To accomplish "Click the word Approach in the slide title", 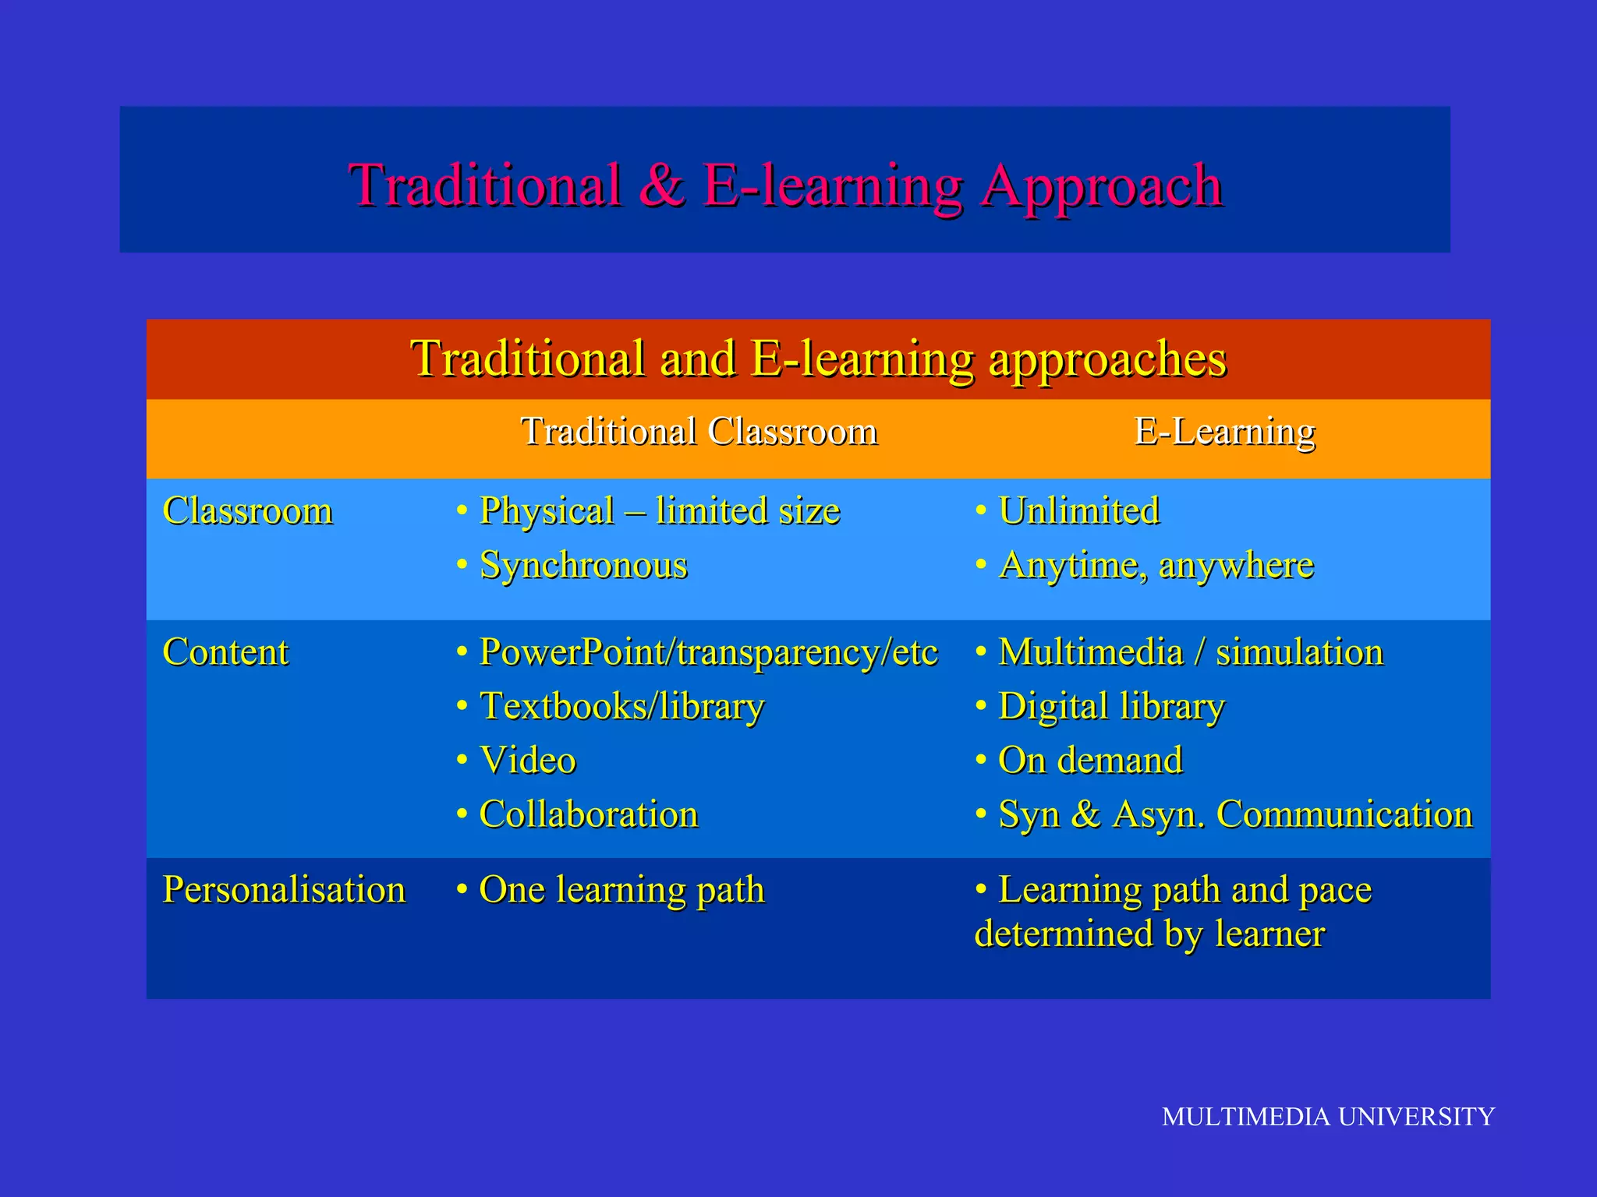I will [x=1101, y=187].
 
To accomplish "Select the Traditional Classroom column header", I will [x=699, y=432].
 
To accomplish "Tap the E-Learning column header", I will [x=1224, y=432].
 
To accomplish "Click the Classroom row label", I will [x=247, y=511].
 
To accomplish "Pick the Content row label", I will [x=225, y=652].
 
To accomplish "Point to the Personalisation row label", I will [x=284, y=890].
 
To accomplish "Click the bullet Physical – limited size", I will [x=659, y=511].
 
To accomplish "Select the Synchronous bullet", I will [x=582, y=565].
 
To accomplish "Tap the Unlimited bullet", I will [x=1078, y=511].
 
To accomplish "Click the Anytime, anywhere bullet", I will [x=1156, y=565].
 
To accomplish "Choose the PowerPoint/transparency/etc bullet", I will [x=707, y=652].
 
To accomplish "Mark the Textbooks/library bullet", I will [x=621, y=706].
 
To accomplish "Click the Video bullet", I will [x=527, y=761].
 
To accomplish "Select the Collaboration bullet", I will [x=588, y=814].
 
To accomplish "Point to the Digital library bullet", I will [x=1111, y=706].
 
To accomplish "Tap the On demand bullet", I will [x=1090, y=761].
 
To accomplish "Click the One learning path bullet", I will [x=621, y=890].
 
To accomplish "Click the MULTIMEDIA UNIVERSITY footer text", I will [x=1327, y=1117].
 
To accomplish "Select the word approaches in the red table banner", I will [x=1107, y=360].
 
